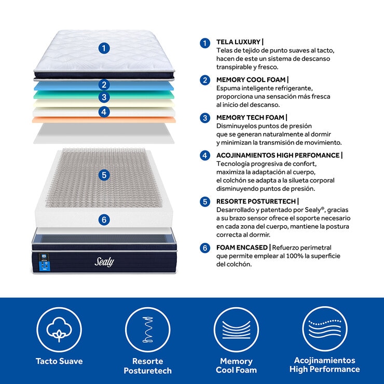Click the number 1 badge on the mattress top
[104, 48]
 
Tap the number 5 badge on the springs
[104, 175]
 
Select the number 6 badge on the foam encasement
[104, 220]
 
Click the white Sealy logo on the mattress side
[104, 262]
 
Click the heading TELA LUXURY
[238, 42]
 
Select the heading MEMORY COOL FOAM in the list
[251, 79]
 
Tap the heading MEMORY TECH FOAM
[250, 118]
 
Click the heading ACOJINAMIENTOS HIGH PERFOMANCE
[278, 155]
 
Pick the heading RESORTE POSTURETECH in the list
[256, 201]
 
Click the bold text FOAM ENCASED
[242, 248]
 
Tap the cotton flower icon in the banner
[59, 330]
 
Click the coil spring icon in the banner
[148, 330]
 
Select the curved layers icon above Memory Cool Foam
[236, 330]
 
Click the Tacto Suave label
[59, 361]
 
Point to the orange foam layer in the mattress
[104, 120]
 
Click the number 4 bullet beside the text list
[205, 155]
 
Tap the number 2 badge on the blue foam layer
[104, 85]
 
